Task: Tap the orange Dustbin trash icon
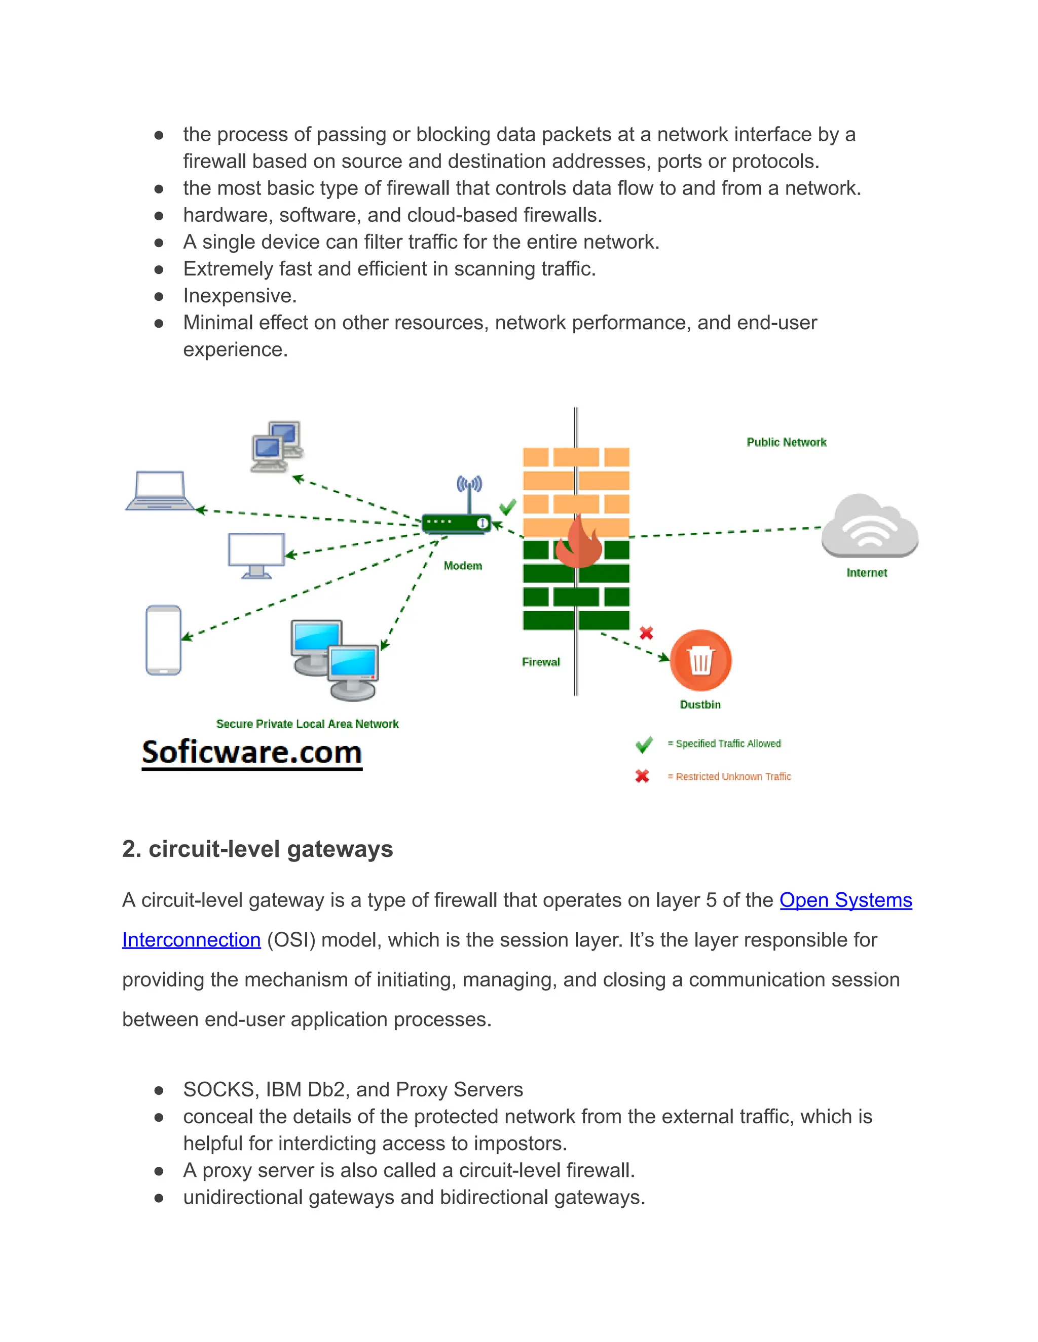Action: click(700, 660)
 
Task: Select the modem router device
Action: click(456, 522)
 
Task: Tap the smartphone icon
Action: click(163, 640)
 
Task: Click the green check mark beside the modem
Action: click(508, 507)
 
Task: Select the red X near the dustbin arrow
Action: click(646, 633)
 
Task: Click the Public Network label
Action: click(787, 443)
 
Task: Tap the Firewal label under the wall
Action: click(540, 662)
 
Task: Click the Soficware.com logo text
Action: click(251, 753)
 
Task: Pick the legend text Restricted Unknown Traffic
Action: click(733, 777)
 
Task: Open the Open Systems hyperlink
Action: click(845, 900)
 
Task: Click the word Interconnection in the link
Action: click(191, 940)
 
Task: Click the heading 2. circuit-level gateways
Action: click(257, 849)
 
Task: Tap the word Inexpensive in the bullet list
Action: click(240, 296)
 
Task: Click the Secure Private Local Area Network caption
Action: click(308, 724)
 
